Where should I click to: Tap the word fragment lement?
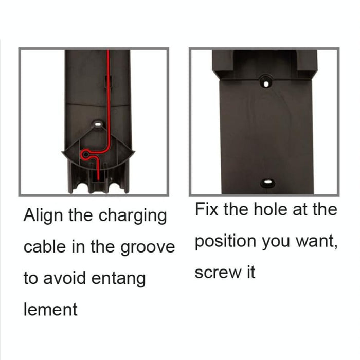pyautogui.click(x=50, y=310)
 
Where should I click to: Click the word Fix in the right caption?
pyautogui.click(x=208, y=210)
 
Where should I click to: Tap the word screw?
pyautogui.click(x=217, y=273)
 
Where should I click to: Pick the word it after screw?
pyautogui.click(x=249, y=272)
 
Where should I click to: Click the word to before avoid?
pyautogui.click(x=31, y=279)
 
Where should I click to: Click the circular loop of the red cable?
pyautogui.click(x=85, y=153)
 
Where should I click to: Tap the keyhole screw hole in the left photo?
pyautogui.click(x=97, y=124)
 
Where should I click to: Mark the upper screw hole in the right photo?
pyautogui.click(x=266, y=81)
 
